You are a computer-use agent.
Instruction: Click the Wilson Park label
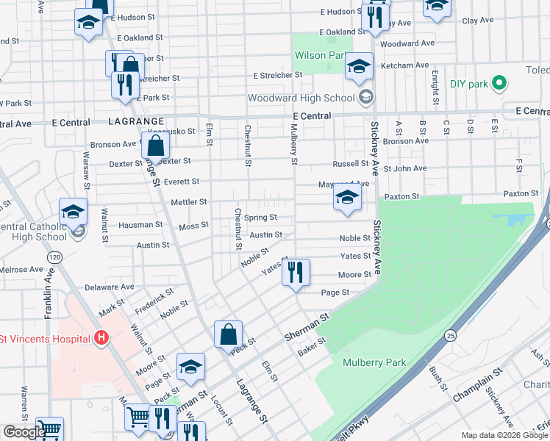[x=320, y=55]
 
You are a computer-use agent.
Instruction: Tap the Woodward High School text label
[x=301, y=98]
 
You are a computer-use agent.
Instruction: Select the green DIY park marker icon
[x=499, y=84]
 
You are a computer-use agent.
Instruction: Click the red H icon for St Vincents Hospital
[x=101, y=338]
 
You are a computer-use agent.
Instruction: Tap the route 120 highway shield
[x=54, y=258]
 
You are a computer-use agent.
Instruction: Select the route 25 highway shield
[x=449, y=335]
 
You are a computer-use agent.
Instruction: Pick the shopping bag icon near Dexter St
[x=156, y=146]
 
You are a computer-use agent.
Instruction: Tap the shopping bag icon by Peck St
[x=228, y=334]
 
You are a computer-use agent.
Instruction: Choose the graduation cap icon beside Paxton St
[x=347, y=197]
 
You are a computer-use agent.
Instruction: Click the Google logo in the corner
[x=24, y=432]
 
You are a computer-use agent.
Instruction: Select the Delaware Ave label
[x=110, y=287]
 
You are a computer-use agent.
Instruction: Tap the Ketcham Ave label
[x=404, y=65]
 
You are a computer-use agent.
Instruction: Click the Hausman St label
[x=139, y=225]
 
